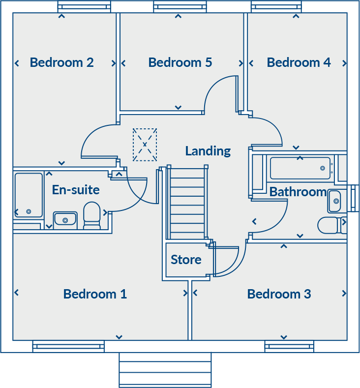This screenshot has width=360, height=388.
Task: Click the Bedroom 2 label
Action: click(61, 62)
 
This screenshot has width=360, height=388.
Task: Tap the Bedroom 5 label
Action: click(180, 62)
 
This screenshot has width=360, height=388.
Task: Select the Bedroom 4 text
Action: click(299, 62)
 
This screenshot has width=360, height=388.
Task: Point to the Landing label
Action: click(208, 151)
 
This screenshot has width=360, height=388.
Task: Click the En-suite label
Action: click(76, 190)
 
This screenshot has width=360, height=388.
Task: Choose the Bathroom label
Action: click(298, 192)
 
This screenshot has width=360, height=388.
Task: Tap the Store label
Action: click(186, 260)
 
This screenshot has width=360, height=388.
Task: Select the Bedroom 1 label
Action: click(95, 294)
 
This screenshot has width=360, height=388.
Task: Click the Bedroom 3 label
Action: click(279, 294)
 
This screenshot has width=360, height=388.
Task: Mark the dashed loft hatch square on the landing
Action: click(145, 145)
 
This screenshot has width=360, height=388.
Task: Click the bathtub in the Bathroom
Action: click(300, 168)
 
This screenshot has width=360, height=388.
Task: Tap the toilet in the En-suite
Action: click(92, 215)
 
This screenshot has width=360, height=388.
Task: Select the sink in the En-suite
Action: click(65, 218)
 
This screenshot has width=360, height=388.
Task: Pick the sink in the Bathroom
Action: click(334, 201)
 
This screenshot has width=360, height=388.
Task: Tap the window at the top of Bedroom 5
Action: click(180, 6)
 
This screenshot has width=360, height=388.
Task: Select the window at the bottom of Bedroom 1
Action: click(68, 347)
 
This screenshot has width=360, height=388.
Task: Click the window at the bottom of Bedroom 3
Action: click(289, 347)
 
